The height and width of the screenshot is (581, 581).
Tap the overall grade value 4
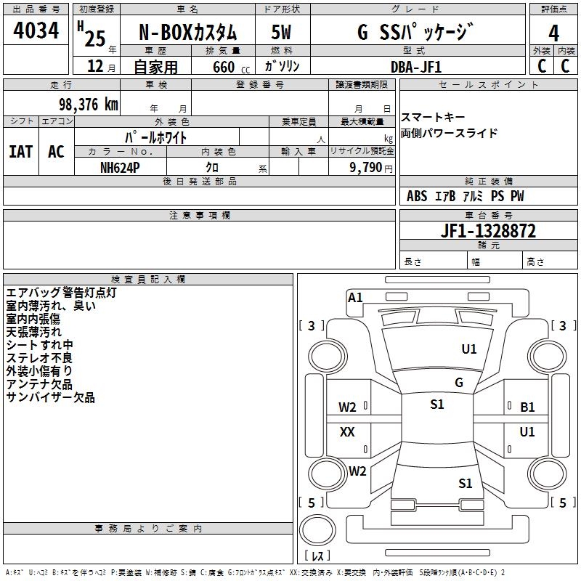coord(554,33)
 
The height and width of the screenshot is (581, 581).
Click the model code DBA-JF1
coord(416,66)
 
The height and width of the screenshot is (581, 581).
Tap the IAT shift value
coord(20,151)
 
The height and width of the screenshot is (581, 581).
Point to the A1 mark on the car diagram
coord(355,297)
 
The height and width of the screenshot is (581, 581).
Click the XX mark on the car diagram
coord(347,432)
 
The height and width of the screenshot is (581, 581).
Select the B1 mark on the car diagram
coord(527,407)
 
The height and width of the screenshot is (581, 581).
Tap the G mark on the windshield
coord(458,383)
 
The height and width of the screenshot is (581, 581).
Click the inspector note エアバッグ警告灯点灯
coord(61,293)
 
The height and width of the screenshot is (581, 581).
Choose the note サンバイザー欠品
coord(51,397)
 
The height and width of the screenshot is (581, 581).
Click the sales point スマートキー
coord(433,118)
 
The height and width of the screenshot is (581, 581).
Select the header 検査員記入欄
coord(148,279)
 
